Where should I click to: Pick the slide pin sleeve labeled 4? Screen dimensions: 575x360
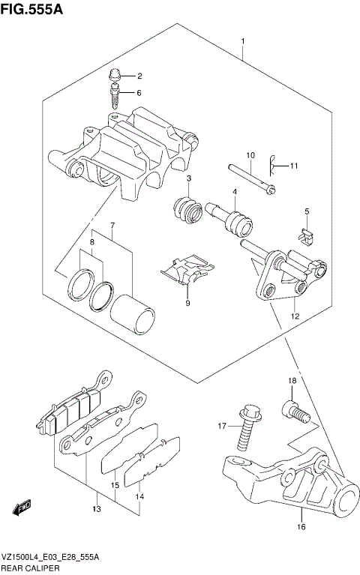(x=229, y=220)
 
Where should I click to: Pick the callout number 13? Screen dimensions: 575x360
(x=97, y=510)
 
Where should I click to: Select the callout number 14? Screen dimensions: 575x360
(x=139, y=496)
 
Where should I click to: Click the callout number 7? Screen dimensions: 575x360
(x=112, y=226)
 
